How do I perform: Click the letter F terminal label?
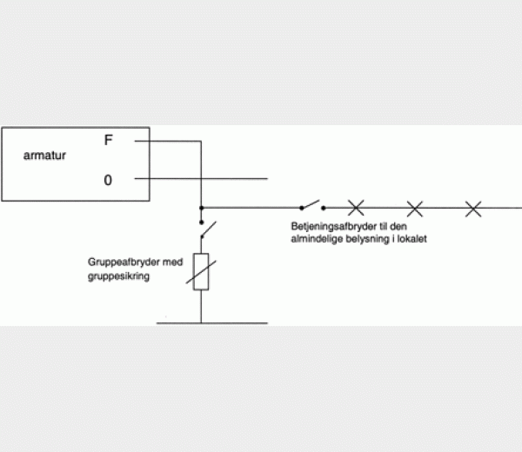point(109,140)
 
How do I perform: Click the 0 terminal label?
point(108,180)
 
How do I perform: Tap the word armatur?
point(44,156)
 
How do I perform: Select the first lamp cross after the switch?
point(356,208)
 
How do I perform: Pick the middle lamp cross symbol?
point(415,209)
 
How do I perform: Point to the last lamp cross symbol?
point(473,209)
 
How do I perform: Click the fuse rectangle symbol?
point(201,272)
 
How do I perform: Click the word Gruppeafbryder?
point(124,263)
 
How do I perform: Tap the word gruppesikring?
point(118,276)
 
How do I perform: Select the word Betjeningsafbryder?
point(334,227)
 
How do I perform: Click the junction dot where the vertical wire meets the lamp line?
point(202,208)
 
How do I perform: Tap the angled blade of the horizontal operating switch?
point(311,204)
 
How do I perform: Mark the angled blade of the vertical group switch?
point(209,229)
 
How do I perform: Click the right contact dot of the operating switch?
point(324,209)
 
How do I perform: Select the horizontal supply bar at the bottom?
point(212,323)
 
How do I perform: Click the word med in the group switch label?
point(173,263)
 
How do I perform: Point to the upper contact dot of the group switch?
point(202,223)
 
